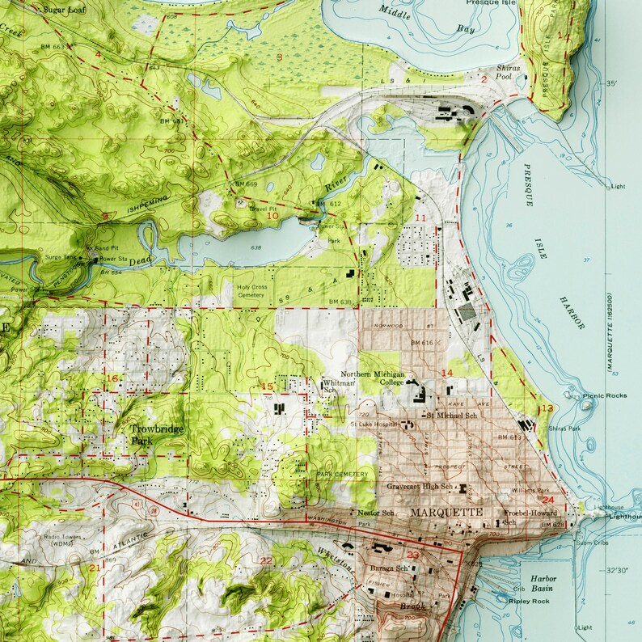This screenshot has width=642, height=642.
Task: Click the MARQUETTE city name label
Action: pos(446,513)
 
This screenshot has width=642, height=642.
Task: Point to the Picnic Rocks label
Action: pos(604,396)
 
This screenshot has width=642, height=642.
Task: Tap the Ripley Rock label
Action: pos(530,602)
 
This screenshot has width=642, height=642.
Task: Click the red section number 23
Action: pos(413,555)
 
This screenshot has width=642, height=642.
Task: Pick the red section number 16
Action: pos(112,378)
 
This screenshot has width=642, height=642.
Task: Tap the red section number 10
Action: pos(272,216)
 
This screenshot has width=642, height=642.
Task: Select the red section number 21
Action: pos(95,568)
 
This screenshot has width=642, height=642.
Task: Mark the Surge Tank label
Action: pos(61,257)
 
